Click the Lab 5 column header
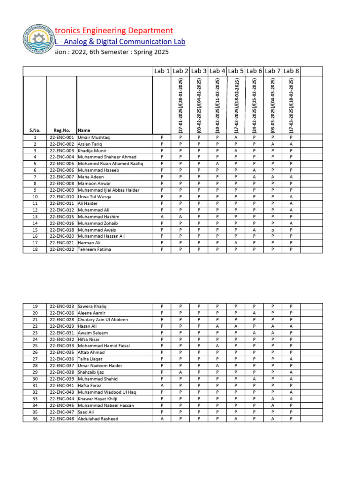tap(236, 71)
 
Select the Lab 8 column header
tap(291, 71)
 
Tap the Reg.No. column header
tap(61, 130)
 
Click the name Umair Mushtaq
tap(93, 137)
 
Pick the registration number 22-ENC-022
tap(61, 250)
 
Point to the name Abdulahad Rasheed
tap(98, 419)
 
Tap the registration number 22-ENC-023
tap(61, 306)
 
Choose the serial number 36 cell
tap(35, 419)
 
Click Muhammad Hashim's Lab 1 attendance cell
tap(162, 217)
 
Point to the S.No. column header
tap(35, 130)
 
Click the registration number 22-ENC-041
tap(61, 386)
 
